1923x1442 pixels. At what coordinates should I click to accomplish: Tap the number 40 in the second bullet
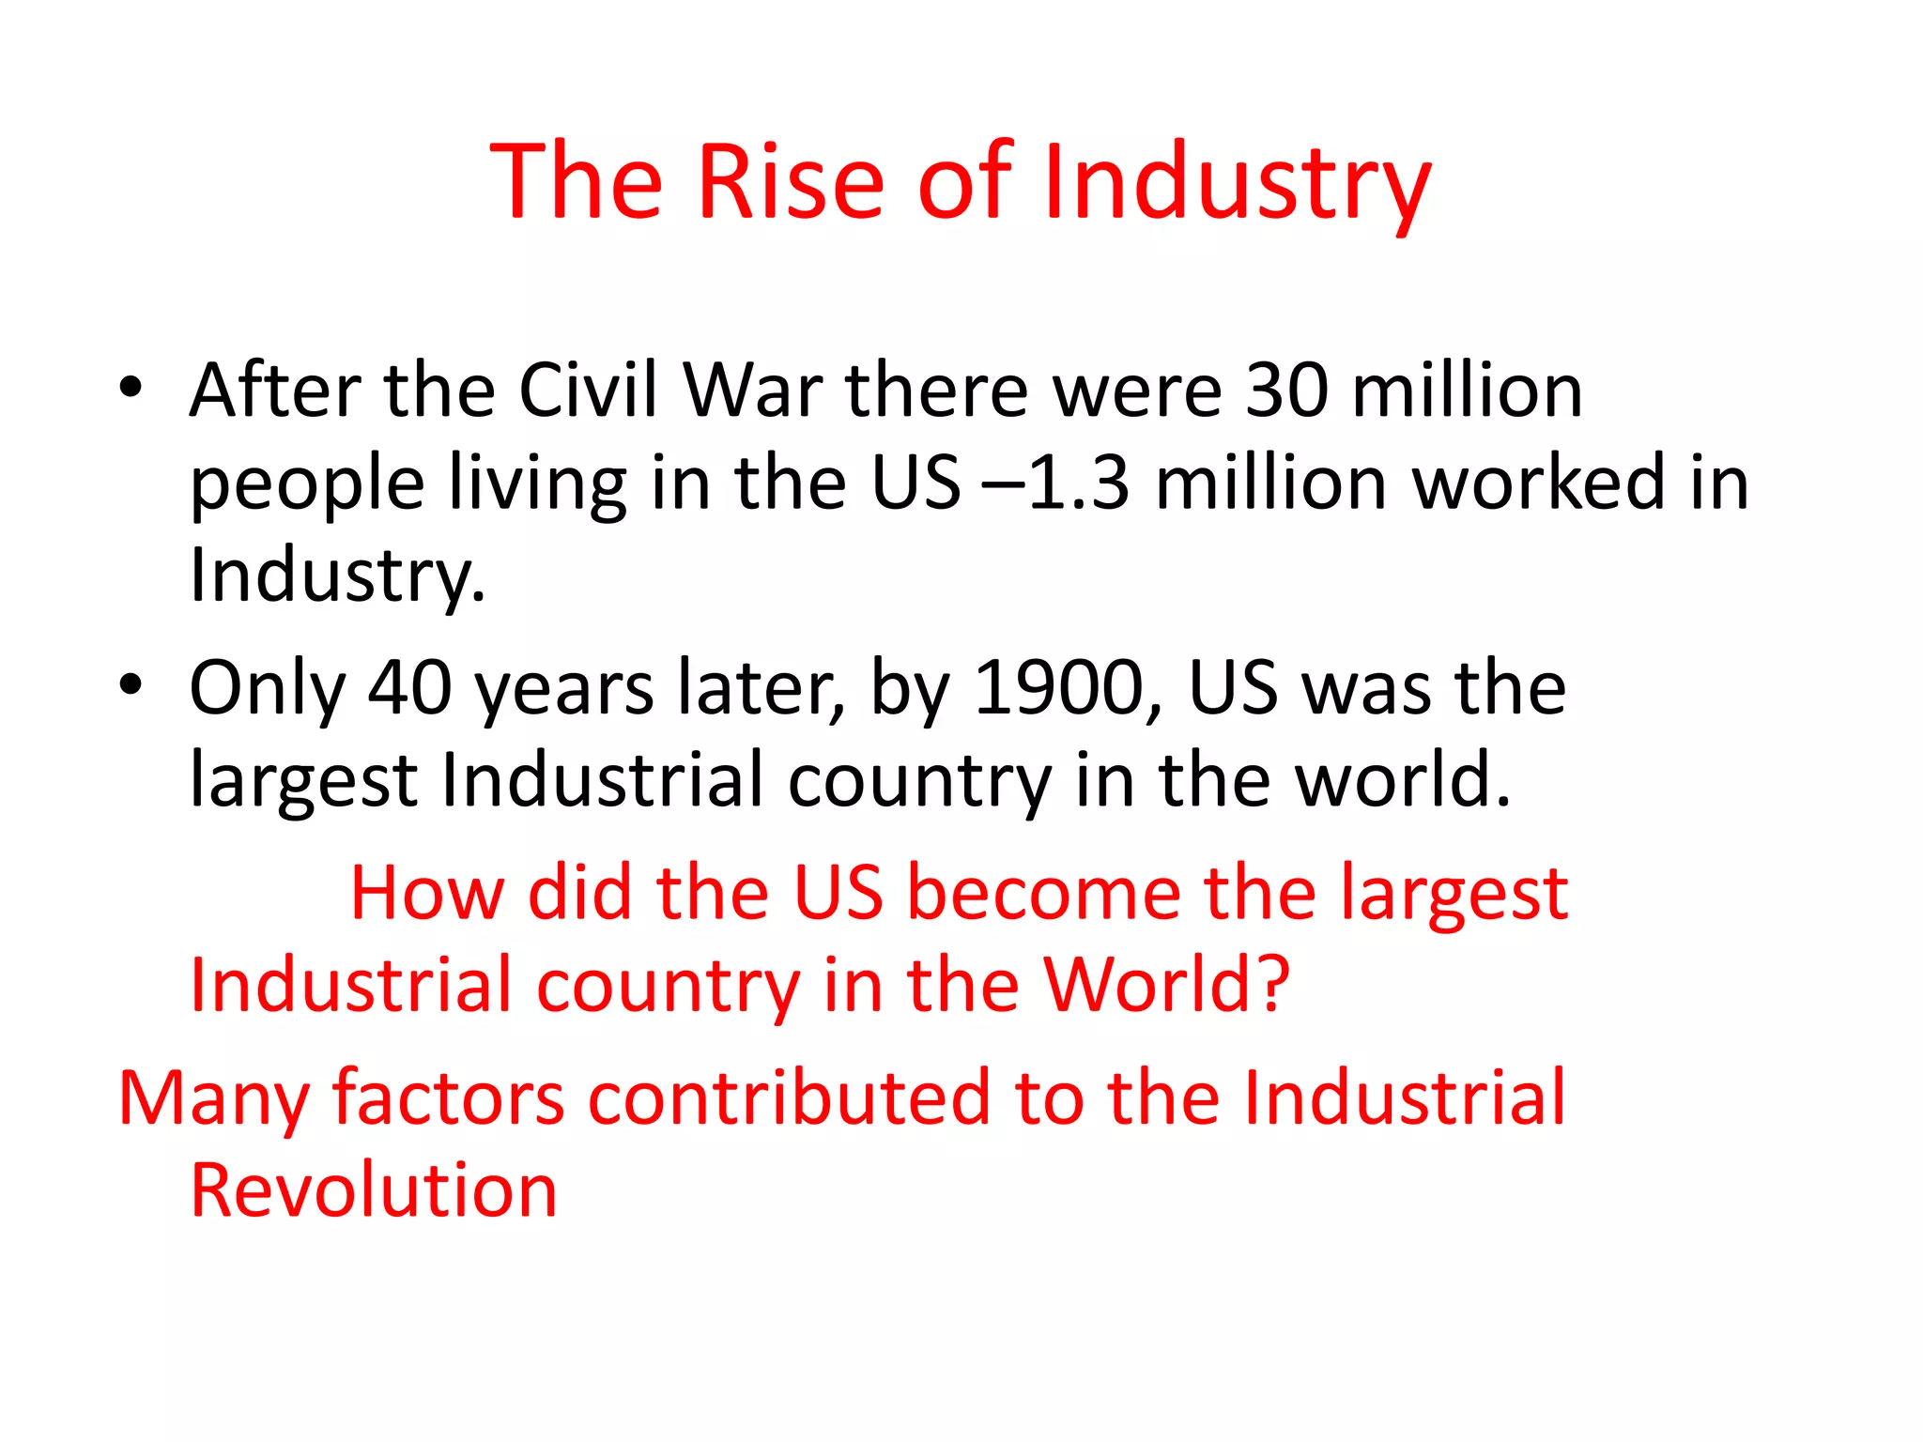pos(409,687)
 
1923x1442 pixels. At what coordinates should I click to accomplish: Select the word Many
pos(212,1098)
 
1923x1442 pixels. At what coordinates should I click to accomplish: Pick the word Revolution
pos(374,1189)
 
